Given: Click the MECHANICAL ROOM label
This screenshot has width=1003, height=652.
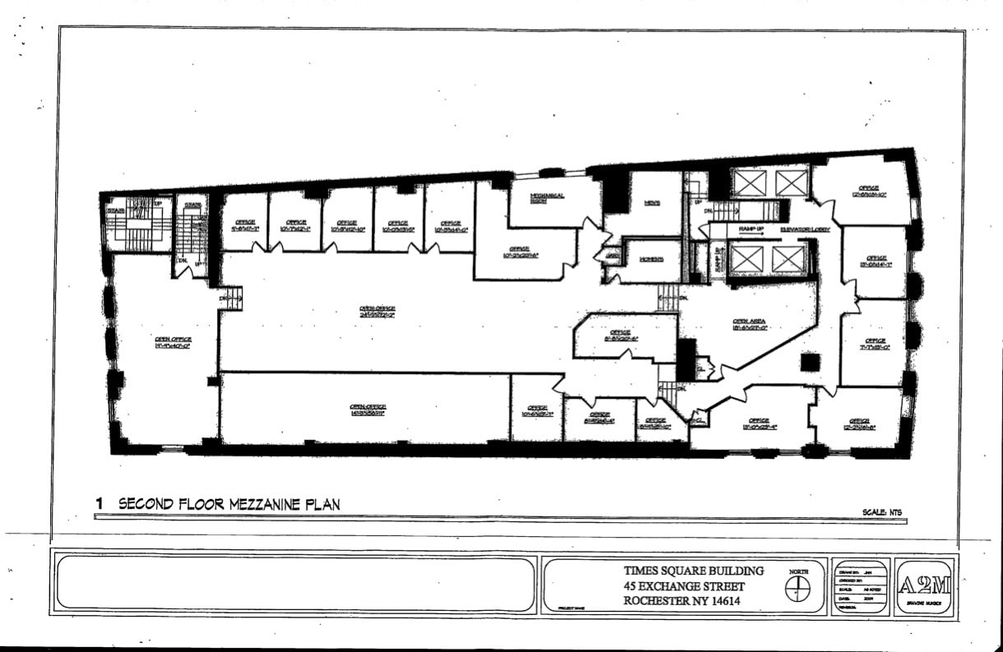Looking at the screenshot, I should [547, 197].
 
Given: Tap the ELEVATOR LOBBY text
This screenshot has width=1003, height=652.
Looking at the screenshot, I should [805, 229].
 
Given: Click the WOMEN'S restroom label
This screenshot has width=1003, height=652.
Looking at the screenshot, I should [652, 259].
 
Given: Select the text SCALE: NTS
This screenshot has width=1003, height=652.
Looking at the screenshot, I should [882, 512].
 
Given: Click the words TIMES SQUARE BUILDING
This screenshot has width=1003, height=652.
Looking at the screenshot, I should [694, 571].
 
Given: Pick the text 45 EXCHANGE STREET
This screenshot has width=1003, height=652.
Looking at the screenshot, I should [685, 586].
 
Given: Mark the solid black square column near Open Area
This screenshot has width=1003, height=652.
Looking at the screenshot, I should [810, 362].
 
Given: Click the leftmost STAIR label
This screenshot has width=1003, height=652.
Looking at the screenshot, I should [116, 210].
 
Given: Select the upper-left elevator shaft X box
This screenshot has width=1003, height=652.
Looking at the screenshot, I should [750, 183].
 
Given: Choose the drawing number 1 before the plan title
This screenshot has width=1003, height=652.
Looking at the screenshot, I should [100, 504].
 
